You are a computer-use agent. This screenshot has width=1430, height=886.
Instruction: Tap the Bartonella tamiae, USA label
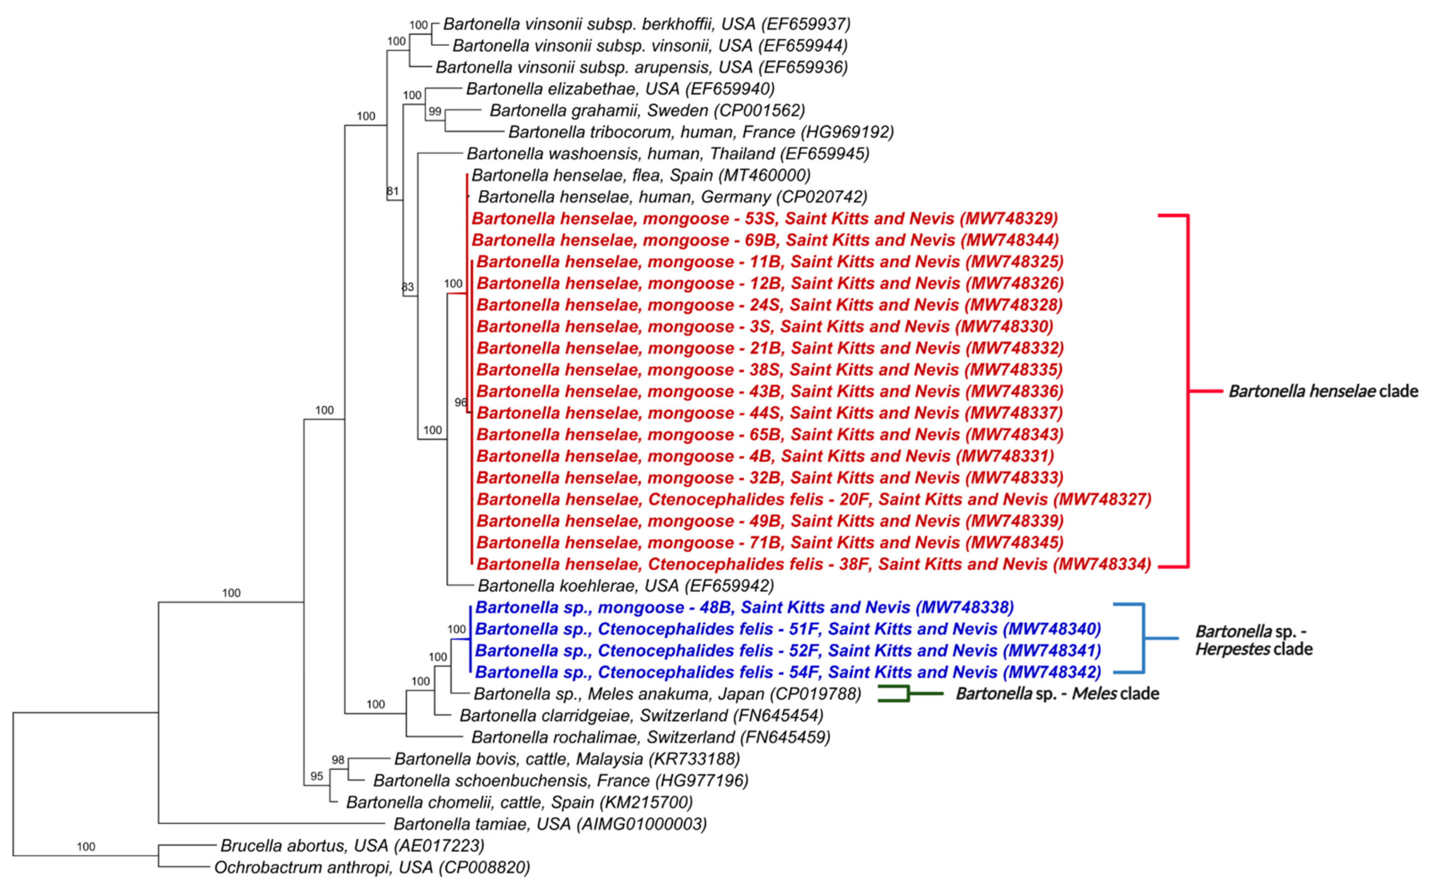(550, 824)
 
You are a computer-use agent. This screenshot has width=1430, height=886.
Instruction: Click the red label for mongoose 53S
(764, 219)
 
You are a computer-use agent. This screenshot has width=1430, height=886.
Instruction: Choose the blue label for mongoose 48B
(744, 607)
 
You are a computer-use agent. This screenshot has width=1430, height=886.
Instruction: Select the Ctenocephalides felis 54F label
(788, 672)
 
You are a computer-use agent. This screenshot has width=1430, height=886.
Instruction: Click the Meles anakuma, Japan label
(667, 694)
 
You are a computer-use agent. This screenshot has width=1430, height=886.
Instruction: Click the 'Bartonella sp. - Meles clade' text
(1057, 694)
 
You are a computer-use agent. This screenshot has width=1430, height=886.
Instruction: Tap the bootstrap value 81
(393, 191)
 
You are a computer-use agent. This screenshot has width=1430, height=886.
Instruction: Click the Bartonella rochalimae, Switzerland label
(651, 737)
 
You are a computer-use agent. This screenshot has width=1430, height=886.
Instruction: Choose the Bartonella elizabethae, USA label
(620, 89)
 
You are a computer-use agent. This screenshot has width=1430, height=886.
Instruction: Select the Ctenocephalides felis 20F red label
(813, 499)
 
